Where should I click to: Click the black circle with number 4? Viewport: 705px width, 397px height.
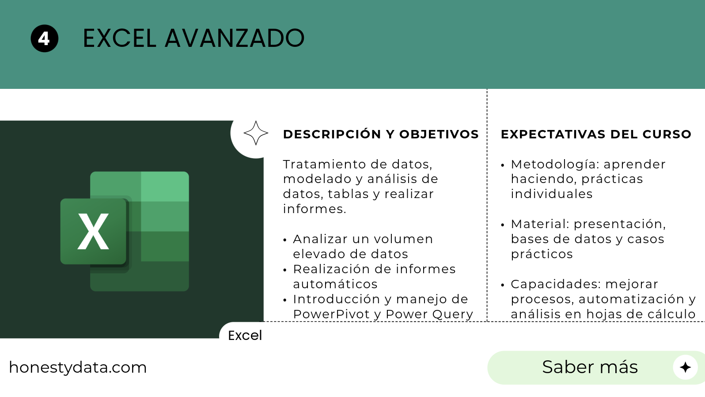pos(44,38)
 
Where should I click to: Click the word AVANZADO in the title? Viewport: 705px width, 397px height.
pos(235,38)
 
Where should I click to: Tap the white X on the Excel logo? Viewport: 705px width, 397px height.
pos(93,231)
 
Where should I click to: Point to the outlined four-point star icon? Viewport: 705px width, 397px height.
pos(256,133)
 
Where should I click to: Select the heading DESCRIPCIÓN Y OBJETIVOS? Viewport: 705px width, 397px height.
pos(381,134)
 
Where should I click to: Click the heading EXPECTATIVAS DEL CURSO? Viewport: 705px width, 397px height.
pos(596,134)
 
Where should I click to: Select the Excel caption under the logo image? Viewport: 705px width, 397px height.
pos(245,336)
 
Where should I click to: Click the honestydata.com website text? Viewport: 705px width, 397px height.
pos(78,368)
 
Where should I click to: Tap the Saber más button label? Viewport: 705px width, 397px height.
pos(590,367)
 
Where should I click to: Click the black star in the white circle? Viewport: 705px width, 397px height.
pos(685,367)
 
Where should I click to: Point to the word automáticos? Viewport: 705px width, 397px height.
pos(335,284)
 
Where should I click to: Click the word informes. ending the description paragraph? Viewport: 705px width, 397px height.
pos(315,209)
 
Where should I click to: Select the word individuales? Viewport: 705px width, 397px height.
pos(552,194)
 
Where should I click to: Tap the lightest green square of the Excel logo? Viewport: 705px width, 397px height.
pos(165,187)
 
